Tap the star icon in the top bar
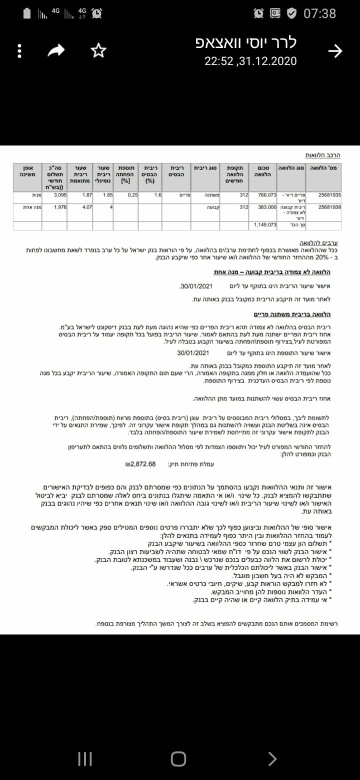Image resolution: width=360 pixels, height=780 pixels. pos(99,50)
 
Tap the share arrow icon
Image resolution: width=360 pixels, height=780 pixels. pos(56,50)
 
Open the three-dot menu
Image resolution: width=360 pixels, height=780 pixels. pos(19,50)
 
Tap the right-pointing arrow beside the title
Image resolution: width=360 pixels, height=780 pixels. pos(335,50)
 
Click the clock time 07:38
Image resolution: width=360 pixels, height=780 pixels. pos(320,13)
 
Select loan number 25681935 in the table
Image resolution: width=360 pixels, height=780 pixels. pos(329,195)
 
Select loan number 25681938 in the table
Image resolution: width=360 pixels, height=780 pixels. pos(329,206)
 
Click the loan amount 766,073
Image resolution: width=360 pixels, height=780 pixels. pos(267,195)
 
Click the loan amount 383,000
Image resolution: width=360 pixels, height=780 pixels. pos(267,206)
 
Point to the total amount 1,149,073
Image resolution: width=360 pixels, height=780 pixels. pos(264,225)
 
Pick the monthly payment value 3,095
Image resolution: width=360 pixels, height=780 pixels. pos(60,195)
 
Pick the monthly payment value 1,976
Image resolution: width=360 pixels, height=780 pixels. pos(60,206)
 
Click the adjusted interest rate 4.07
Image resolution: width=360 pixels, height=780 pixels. pos(86,206)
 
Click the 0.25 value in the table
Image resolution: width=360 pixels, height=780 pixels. pos(132,195)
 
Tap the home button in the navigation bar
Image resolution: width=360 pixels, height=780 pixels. pos(178,759)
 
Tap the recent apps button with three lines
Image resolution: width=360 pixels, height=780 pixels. pos(85,759)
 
